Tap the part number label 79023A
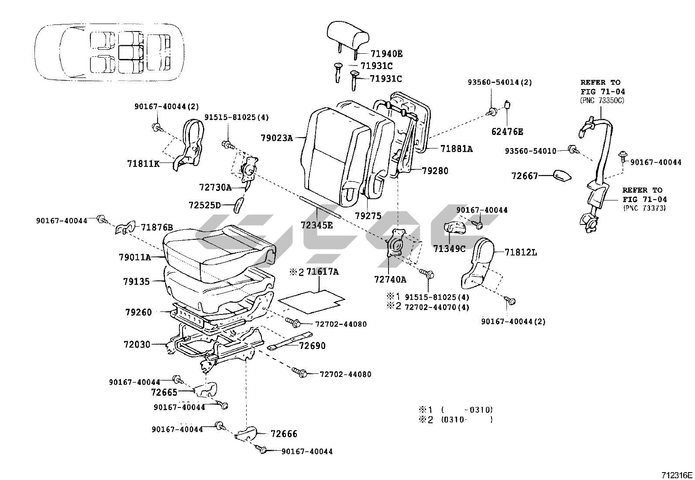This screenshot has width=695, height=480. (276, 138)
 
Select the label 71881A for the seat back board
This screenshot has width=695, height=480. (456, 149)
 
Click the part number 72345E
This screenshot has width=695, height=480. (317, 225)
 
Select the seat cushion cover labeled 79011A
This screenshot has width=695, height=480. (218, 249)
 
